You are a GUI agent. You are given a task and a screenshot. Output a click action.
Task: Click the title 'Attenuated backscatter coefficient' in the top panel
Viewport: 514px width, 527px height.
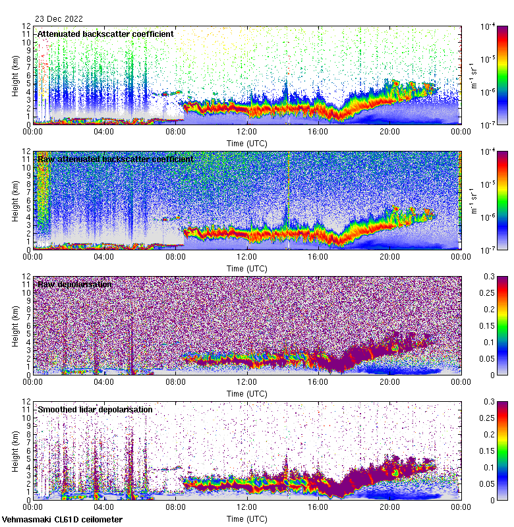pos(105,34)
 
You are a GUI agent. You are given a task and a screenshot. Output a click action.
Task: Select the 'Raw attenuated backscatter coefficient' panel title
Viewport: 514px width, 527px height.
pos(115,159)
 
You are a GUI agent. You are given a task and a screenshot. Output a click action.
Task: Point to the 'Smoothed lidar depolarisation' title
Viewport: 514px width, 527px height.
pos(95,409)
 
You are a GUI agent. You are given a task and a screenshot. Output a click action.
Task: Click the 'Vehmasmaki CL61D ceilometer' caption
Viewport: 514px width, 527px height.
pos(62,520)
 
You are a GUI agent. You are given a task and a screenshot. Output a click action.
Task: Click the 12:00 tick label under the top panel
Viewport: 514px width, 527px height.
pos(247,132)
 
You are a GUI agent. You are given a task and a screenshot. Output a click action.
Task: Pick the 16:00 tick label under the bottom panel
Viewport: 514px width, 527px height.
pos(318,507)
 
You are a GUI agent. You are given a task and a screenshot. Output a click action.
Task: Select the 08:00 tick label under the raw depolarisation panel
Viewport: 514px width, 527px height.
pos(176,382)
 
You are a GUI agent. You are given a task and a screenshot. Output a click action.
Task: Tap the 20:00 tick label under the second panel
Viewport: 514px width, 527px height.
pos(389,257)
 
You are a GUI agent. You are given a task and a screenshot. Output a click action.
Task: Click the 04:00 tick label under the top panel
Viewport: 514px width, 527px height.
pos(104,132)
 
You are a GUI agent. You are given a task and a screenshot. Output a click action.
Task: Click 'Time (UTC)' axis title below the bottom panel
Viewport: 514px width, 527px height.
pos(247,519)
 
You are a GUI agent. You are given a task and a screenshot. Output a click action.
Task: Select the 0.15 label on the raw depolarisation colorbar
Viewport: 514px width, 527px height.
pos(491,325)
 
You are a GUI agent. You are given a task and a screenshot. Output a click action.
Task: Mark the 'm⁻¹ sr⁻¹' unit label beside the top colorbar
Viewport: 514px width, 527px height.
pos(472,75)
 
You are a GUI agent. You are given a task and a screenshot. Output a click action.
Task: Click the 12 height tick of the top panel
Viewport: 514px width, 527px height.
pos(26,26)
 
